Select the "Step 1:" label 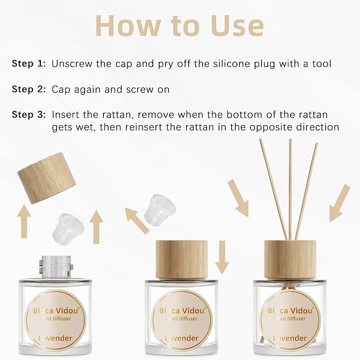[29, 64]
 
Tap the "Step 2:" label [29, 90]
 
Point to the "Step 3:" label [29, 115]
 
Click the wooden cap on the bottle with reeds [289, 259]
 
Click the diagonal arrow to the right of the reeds [340, 203]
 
